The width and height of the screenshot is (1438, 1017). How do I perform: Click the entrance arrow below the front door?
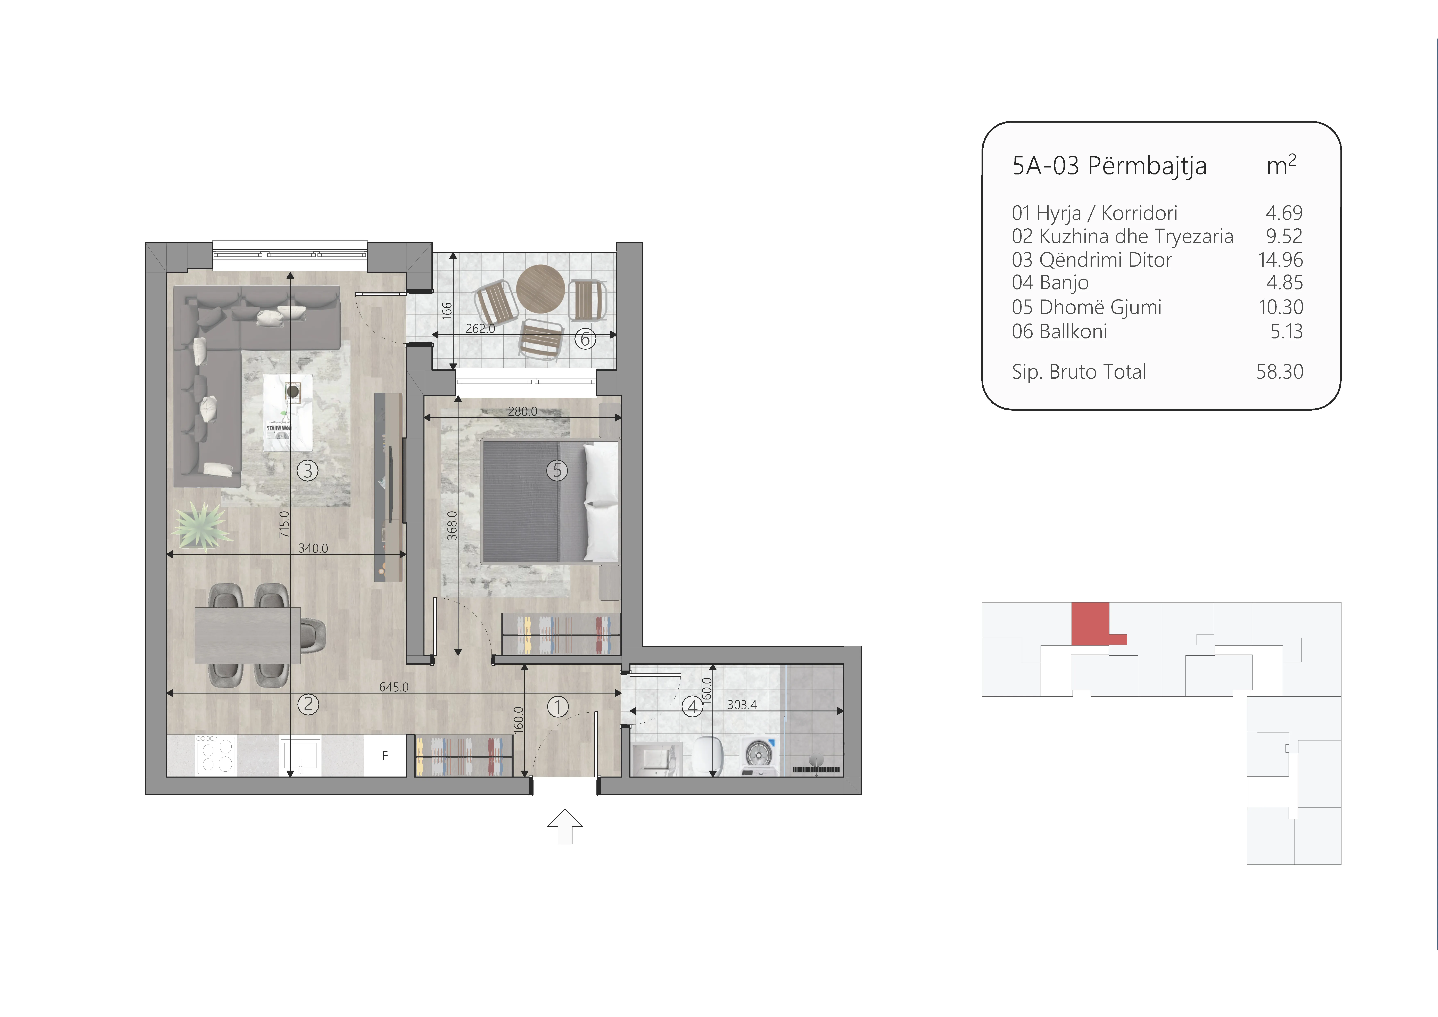[565, 827]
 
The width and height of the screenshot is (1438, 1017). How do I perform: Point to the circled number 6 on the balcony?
[585, 339]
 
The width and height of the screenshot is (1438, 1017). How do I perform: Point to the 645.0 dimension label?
[393, 687]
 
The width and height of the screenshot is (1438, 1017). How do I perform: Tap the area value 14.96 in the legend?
[1280, 259]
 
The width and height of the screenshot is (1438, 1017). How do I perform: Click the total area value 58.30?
[1280, 372]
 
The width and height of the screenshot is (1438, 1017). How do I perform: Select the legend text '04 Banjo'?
[1050, 283]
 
